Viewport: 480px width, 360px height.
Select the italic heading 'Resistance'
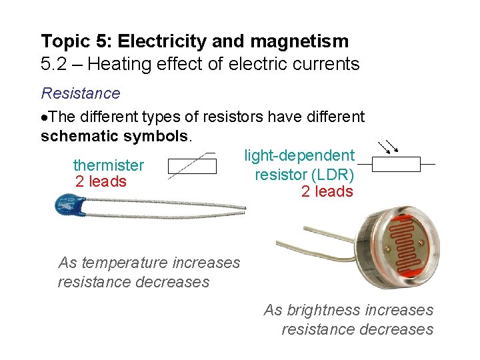pyautogui.click(x=80, y=93)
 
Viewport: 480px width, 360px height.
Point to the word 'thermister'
pyautogui.click(x=108, y=165)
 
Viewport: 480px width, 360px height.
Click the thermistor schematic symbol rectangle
pyautogui.click(x=192, y=166)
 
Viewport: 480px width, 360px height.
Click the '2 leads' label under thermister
pyautogui.click(x=101, y=181)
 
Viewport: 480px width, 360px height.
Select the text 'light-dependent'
pyautogui.click(x=299, y=155)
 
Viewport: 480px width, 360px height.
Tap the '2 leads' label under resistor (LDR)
pyautogui.click(x=327, y=192)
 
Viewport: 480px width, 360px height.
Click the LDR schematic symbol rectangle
pyautogui.click(x=395, y=164)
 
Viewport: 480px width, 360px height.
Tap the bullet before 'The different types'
pyautogui.click(x=44, y=118)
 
